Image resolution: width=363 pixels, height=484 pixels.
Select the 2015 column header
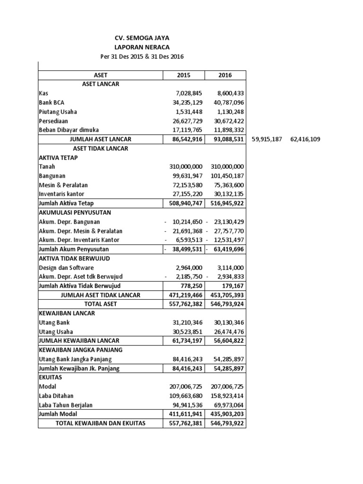point(183,75)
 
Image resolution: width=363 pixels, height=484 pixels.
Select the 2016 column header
point(225,75)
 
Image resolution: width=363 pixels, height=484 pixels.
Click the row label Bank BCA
point(52,103)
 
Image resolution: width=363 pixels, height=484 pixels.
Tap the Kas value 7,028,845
point(186,94)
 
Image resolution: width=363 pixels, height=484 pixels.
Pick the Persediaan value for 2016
point(227,121)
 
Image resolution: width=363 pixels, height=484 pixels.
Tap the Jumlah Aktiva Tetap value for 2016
point(225,203)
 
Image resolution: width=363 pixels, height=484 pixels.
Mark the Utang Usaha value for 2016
point(227,331)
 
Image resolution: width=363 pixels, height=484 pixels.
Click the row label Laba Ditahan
point(56,396)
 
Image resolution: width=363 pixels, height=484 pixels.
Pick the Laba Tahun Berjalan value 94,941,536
point(186,405)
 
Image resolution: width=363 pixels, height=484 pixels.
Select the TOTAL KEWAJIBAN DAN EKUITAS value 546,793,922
point(225,423)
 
